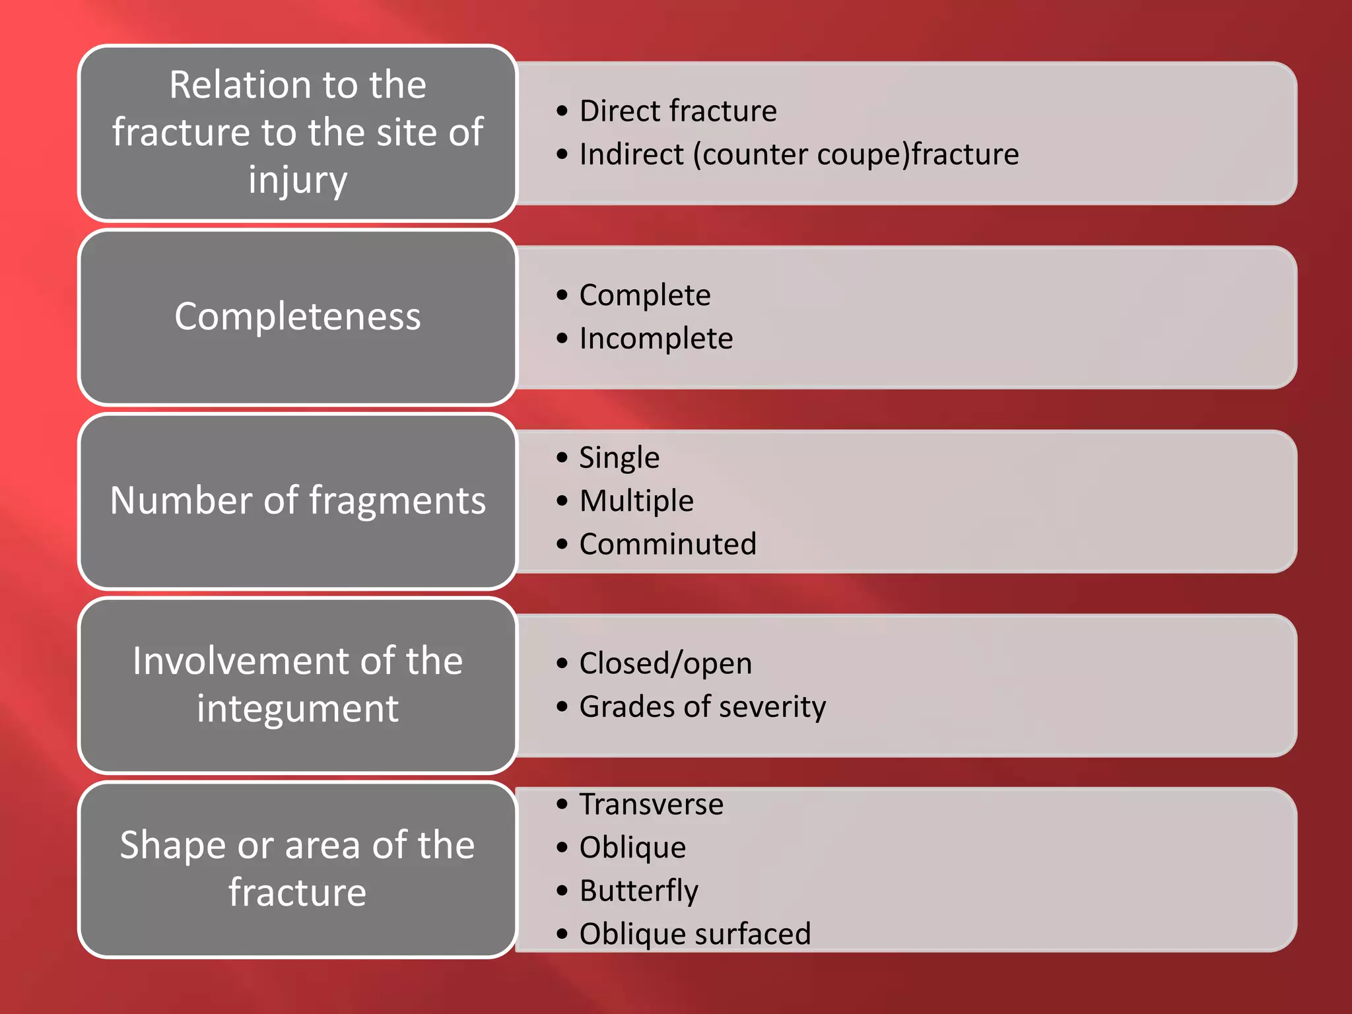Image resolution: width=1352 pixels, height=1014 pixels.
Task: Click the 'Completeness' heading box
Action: click(x=297, y=317)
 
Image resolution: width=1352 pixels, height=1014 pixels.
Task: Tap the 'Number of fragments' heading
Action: click(x=297, y=500)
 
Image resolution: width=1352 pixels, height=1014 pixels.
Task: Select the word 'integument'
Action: click(x=297, y=709)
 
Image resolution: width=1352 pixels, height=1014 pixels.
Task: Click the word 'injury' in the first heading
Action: click(x=297, y=180)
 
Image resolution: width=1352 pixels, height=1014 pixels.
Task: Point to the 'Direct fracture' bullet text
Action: click(x=677, y=111)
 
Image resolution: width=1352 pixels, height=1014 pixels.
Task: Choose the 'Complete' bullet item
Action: click(x=644, y=295)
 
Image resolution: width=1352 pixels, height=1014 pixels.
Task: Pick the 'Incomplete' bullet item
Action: click(x=656, y=339)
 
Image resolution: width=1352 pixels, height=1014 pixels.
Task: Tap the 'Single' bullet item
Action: click(x=619, y=457)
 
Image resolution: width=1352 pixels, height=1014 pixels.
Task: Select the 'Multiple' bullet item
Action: click(x=636, y=501)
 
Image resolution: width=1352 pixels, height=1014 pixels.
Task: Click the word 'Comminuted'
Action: click(x=667, y=545)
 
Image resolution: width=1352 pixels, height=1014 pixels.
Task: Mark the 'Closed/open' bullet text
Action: click(x=665, y=663)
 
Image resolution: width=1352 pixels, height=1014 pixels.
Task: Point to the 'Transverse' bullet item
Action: click(x=651, y=805)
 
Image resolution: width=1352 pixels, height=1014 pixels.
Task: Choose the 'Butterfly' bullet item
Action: click(x=638, y=891)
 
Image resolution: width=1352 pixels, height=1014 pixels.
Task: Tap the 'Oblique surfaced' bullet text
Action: click(x=694, y=934)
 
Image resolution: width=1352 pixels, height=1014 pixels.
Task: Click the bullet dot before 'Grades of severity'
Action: click(x=562, y=707)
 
